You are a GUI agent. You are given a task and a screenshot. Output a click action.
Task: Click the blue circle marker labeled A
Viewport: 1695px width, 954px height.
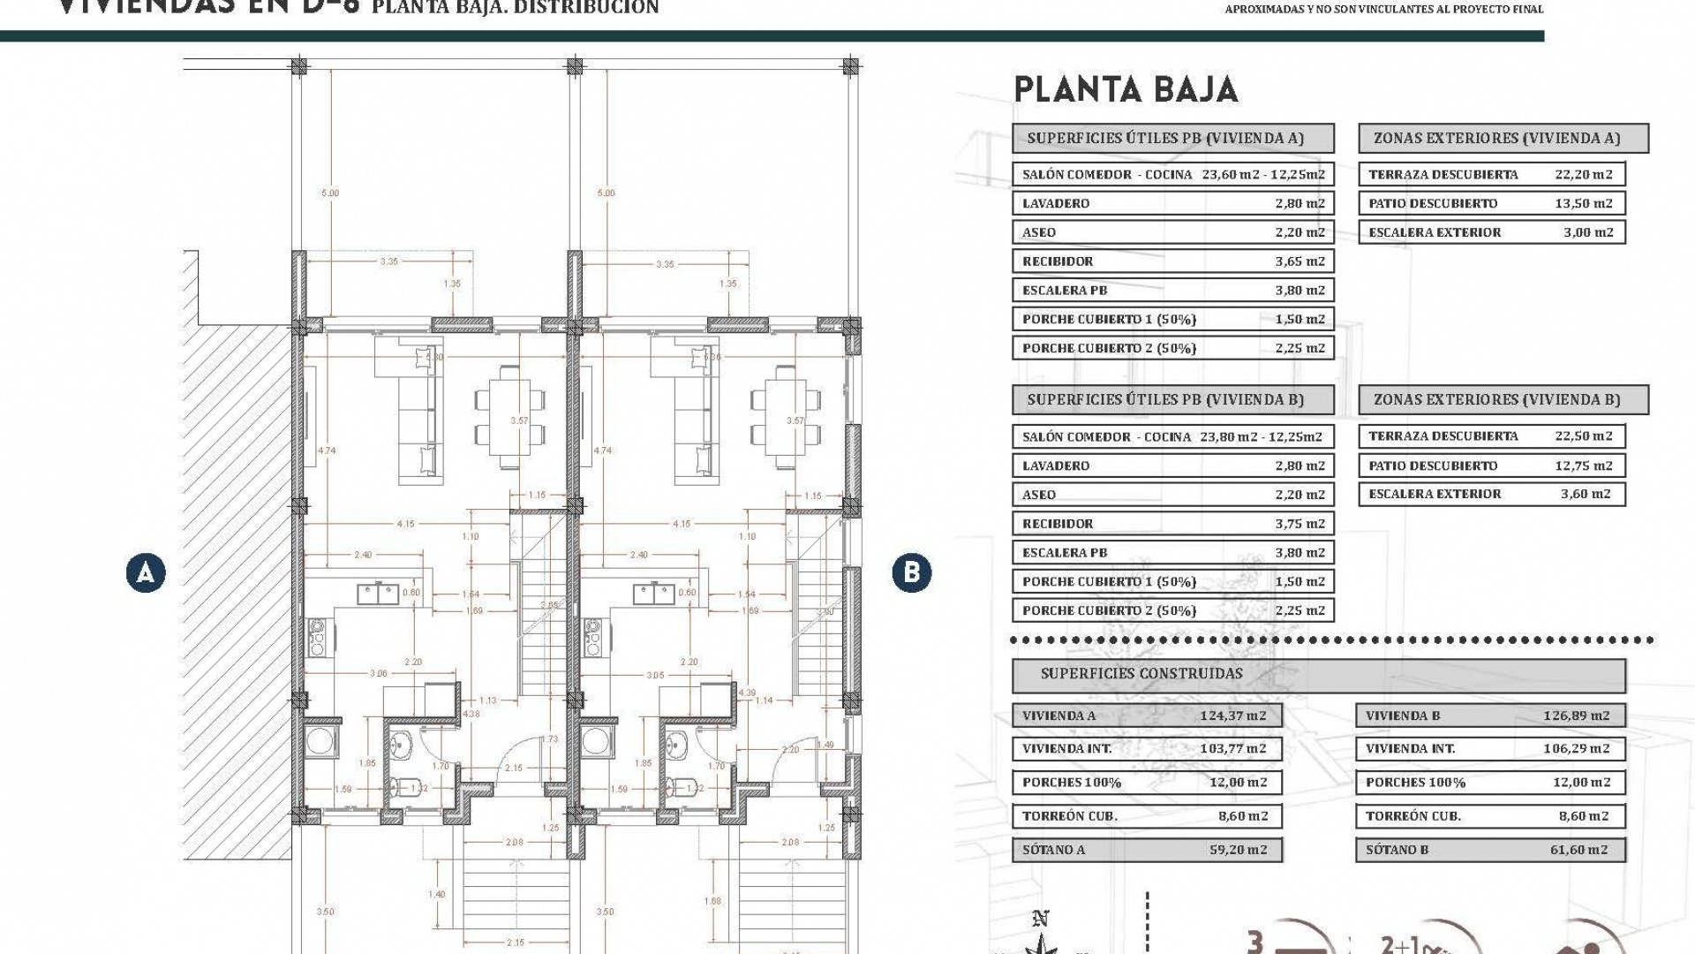click(x=146, y=572)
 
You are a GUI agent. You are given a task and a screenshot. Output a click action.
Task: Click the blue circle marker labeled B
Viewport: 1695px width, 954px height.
click(x=911, y=572)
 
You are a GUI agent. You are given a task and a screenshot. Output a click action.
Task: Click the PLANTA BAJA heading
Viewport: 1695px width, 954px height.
click(x=1126, y=89)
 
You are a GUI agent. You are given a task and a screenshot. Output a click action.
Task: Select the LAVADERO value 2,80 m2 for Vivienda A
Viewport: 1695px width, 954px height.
click(x=1299, y=203)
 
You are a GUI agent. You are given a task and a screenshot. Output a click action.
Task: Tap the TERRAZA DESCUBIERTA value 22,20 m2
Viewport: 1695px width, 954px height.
click(x=1583, y=174)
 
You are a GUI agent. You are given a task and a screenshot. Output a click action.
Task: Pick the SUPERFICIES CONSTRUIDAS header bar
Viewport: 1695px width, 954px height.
click(x=1318, y=674)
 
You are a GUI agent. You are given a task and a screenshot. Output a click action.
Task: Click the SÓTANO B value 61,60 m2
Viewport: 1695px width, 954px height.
click(x=1578, y=850)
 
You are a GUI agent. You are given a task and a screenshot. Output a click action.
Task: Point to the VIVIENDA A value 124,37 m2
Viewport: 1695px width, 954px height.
click(x=1232, y=715)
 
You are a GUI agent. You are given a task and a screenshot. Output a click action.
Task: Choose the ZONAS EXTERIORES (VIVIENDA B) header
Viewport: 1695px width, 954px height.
click(x=1503, y=399)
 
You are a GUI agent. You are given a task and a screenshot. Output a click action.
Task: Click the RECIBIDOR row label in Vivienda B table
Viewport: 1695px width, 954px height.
click(x=1058, y=524)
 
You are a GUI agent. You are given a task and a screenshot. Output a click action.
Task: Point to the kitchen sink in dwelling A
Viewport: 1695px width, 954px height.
click(x=378, y=594)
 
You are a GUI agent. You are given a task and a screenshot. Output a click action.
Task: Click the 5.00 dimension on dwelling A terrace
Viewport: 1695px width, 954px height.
click(x=330, y=193)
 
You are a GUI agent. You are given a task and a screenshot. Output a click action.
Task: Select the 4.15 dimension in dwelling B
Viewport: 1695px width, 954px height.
click(x=681, y=524)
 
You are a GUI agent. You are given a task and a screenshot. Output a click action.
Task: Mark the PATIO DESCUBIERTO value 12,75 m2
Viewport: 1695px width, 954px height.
click(x=1583, y=466)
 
